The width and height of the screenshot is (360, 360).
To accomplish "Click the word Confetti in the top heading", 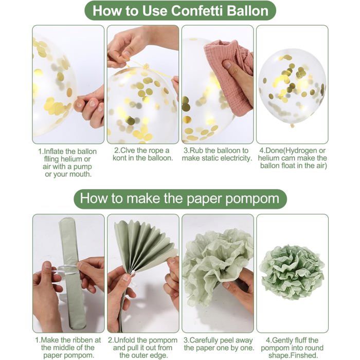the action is pyautogui.click(x=197, y=11).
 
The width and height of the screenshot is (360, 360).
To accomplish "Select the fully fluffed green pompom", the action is pyautogui.click(x=292, y=272).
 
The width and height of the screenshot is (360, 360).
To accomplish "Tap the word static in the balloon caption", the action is pyautogui.click(x=211, y=158).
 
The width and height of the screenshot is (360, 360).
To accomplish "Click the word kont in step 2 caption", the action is pyautogui.click(x=120, y=158).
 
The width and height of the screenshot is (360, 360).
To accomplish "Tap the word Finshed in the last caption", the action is pyautogui.click(x=302, y=355).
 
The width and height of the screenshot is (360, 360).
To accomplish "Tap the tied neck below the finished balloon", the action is pyautogui.click(x=292, y=125).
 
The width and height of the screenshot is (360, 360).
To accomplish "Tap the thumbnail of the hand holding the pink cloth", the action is pyautogui.click(x=227, y=64).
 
